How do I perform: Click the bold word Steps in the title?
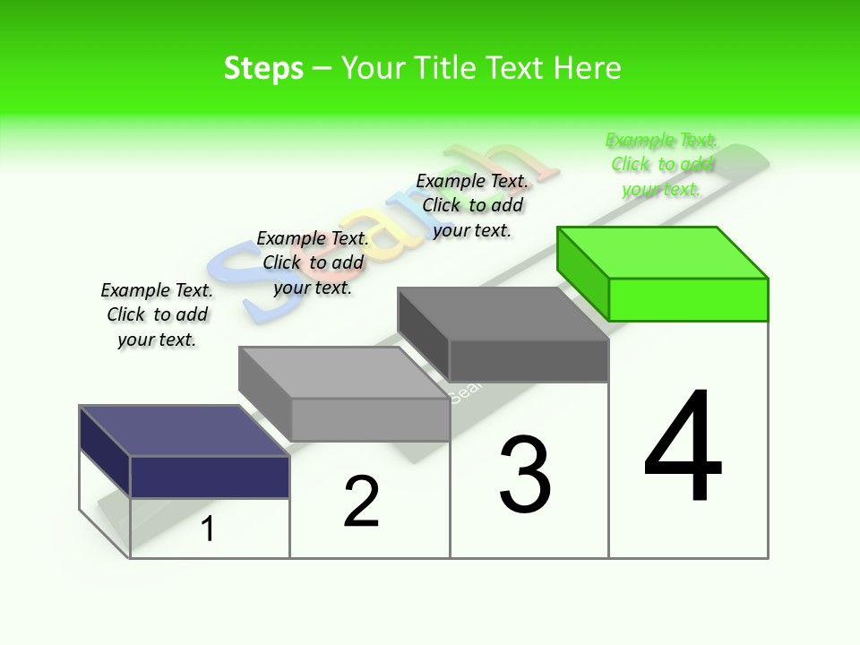click(263, 68)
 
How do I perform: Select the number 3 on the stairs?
click(525, 475)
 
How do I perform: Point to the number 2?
click(361, 502)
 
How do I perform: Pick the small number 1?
click(208, 529)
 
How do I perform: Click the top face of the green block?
click(663, 254)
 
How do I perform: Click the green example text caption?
click(662, 165)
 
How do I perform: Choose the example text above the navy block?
click(157, 314)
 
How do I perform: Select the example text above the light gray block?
click(313, 262)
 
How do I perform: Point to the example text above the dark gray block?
click(472, 205)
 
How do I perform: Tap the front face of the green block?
click(688, 299)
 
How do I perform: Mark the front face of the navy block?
click(210, 477)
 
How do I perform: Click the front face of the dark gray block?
click(529, 361)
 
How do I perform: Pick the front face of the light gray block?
click(370, 419)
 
